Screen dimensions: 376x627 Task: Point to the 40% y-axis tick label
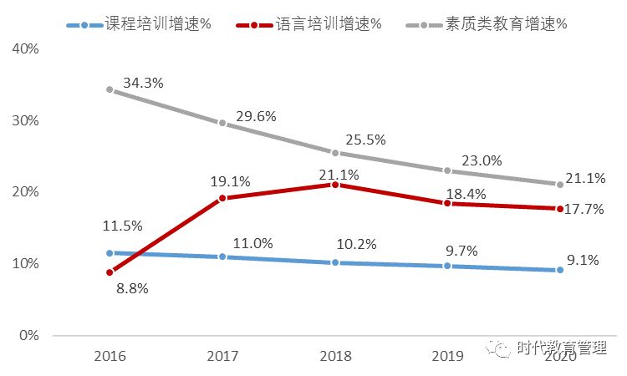click(x=26, y=48)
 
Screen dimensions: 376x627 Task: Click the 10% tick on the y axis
click(x=26, y=264)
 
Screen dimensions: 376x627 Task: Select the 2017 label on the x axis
click(x=222, y=356)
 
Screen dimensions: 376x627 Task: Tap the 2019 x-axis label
click(x=447, y=356)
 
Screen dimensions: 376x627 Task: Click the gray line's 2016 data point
click(x=110, y=89)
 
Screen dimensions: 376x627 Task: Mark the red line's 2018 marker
click(x=334, y=185)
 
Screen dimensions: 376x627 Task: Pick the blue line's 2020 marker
click(x=559, y=270)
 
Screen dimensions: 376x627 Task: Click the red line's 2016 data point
click(x=110, y=272)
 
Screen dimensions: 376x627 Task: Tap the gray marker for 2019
click(x=447, y=170)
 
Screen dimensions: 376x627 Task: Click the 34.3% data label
click(x=143, y=84)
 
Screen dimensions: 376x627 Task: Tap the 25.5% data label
click(x=364, y=138)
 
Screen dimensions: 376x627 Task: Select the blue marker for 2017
click(x=222, y=257)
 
